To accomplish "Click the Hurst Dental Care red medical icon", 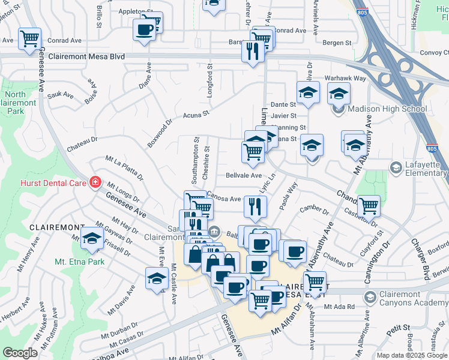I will (x=94, y=182).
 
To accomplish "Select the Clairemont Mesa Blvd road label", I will (x=92, y=56).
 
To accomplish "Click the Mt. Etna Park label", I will (x=79, y=262).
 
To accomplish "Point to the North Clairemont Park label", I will (x=23, y=103).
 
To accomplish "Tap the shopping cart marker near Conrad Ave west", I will (x=29, y=39).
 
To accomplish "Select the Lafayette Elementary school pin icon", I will (x=396, y=167).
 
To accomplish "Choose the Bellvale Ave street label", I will (x=244, y=176).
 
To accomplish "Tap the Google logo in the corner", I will (x=20, y=353).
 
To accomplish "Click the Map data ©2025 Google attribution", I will (x=411, y=355).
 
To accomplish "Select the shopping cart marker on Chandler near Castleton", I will (x=369, y=206).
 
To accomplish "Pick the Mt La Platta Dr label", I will (x=124, y=168).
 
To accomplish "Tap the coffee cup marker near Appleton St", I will (x=144, y=29).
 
